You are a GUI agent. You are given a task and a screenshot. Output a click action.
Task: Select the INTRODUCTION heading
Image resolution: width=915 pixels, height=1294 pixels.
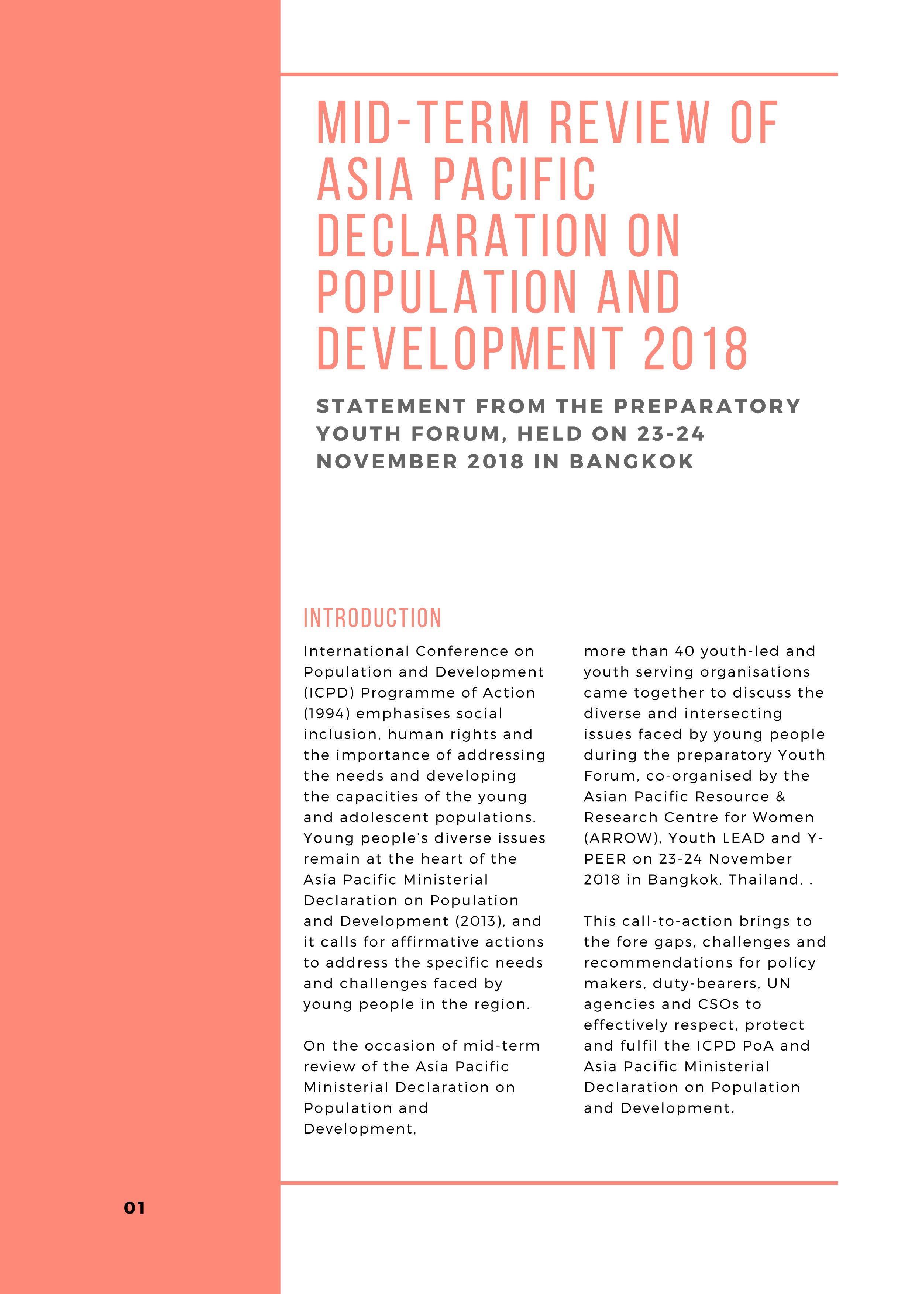372,618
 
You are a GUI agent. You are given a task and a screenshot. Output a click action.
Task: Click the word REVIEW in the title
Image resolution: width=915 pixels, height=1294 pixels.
629,123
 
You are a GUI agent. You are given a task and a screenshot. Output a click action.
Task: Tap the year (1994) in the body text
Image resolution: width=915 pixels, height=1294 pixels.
327,713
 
